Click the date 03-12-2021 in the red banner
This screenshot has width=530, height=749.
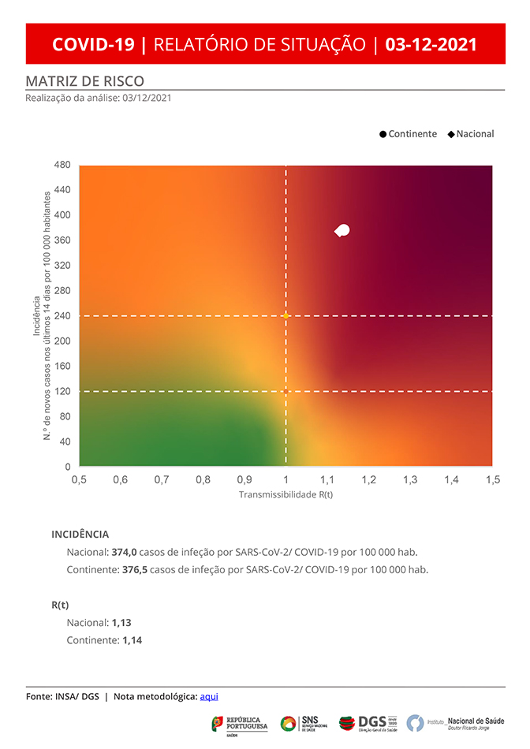click(x=431, y=44)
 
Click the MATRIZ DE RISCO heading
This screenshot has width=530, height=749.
click(x=84, y=81)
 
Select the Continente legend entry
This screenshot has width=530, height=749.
click(x=408, y=134)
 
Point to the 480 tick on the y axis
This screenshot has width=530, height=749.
click(x=62, y=165)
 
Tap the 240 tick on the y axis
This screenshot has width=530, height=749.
click(x=62, y=315)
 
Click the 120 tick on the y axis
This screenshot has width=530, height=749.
click(x=62, y=391)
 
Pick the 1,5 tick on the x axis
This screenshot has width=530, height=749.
click(x=493, y=479)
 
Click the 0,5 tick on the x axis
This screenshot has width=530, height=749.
click(x=79, y=479)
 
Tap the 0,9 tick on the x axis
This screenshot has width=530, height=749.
click(x=244, y=479)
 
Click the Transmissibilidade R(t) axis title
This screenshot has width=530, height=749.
click(x=286, y=495)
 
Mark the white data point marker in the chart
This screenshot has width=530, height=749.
click(x=342, y=230)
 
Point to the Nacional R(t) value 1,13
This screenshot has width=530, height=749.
click(x=121, y=622)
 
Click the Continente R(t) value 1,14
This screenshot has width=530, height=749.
click(x=132, y=640)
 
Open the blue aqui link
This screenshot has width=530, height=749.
click(x=209, y=696)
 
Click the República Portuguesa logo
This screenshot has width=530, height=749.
click(x=240, y=724)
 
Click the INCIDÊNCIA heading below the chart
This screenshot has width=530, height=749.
click(x=80, y=534)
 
